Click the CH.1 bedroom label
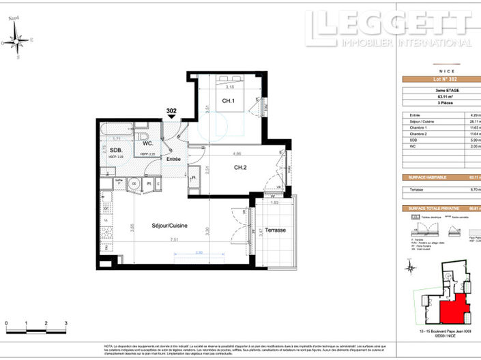click(x=228, y=102)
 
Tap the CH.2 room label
click(x=240, y=168)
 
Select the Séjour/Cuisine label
click(x=170, y=226)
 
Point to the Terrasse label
click(x=276, y=230)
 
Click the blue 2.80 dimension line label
click(x=199, y=253)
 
